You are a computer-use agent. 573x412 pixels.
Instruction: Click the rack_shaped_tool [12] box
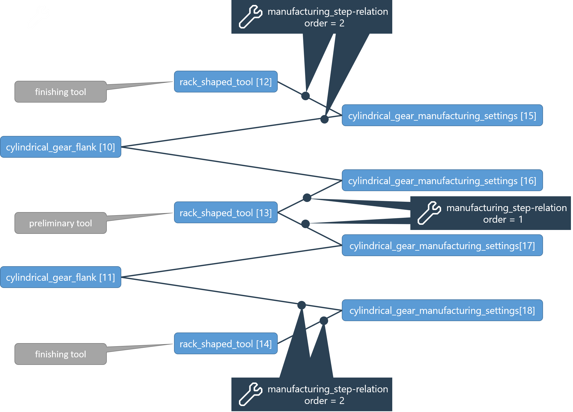225,82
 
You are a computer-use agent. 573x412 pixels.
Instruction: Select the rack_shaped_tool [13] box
225,213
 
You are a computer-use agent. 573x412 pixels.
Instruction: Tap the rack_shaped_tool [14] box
225,344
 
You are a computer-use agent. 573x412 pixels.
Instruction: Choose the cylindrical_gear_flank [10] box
61,147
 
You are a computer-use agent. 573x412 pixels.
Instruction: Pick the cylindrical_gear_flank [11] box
61,277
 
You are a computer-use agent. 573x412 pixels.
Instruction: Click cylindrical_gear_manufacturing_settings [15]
442,115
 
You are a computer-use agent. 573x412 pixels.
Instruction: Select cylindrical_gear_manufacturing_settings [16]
442,180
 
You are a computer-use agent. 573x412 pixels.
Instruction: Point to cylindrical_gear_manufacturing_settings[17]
442,245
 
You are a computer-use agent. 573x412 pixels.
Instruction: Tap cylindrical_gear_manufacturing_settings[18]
442,310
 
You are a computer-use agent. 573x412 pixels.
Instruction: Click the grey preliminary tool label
61,223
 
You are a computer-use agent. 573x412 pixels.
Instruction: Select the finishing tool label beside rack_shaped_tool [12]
61,92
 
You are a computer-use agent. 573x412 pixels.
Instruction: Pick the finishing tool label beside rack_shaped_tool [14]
61,354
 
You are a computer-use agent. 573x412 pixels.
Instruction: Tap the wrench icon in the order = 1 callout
429,213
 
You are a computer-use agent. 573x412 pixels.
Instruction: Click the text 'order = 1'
503,220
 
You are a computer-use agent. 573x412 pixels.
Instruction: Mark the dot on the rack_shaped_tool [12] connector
305,96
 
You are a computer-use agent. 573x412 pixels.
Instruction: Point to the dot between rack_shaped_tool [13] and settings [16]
307,198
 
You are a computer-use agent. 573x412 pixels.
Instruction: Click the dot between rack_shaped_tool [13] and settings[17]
305,224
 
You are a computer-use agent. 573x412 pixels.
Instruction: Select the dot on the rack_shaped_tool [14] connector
324,321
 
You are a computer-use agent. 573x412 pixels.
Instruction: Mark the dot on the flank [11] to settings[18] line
301,305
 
